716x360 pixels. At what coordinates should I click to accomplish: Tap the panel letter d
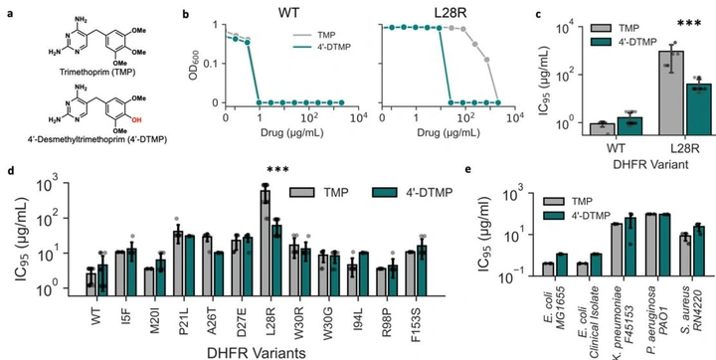(9, 171)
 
